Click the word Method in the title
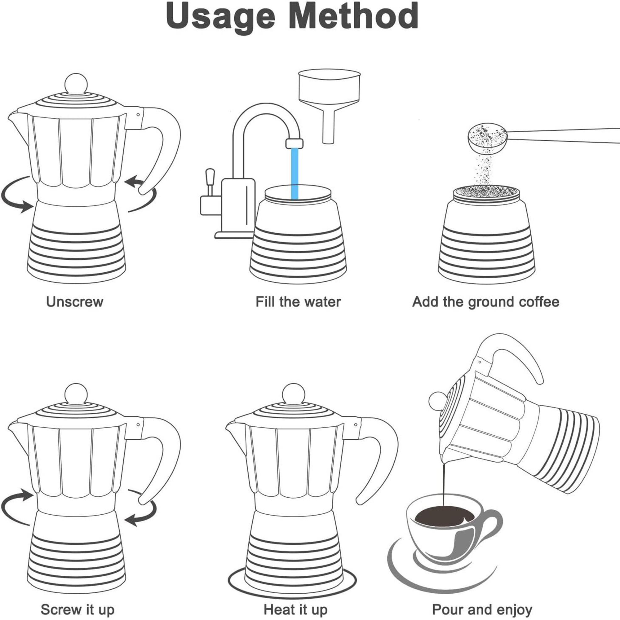[353, 16]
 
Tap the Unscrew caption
[74, 302]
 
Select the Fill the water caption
[298, 302]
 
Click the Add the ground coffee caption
[485, 302]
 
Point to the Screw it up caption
[77, 609]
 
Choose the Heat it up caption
[295, 609]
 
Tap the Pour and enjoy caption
[482, 609]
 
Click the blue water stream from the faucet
[294, 173]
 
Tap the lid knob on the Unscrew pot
[76, 84]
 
